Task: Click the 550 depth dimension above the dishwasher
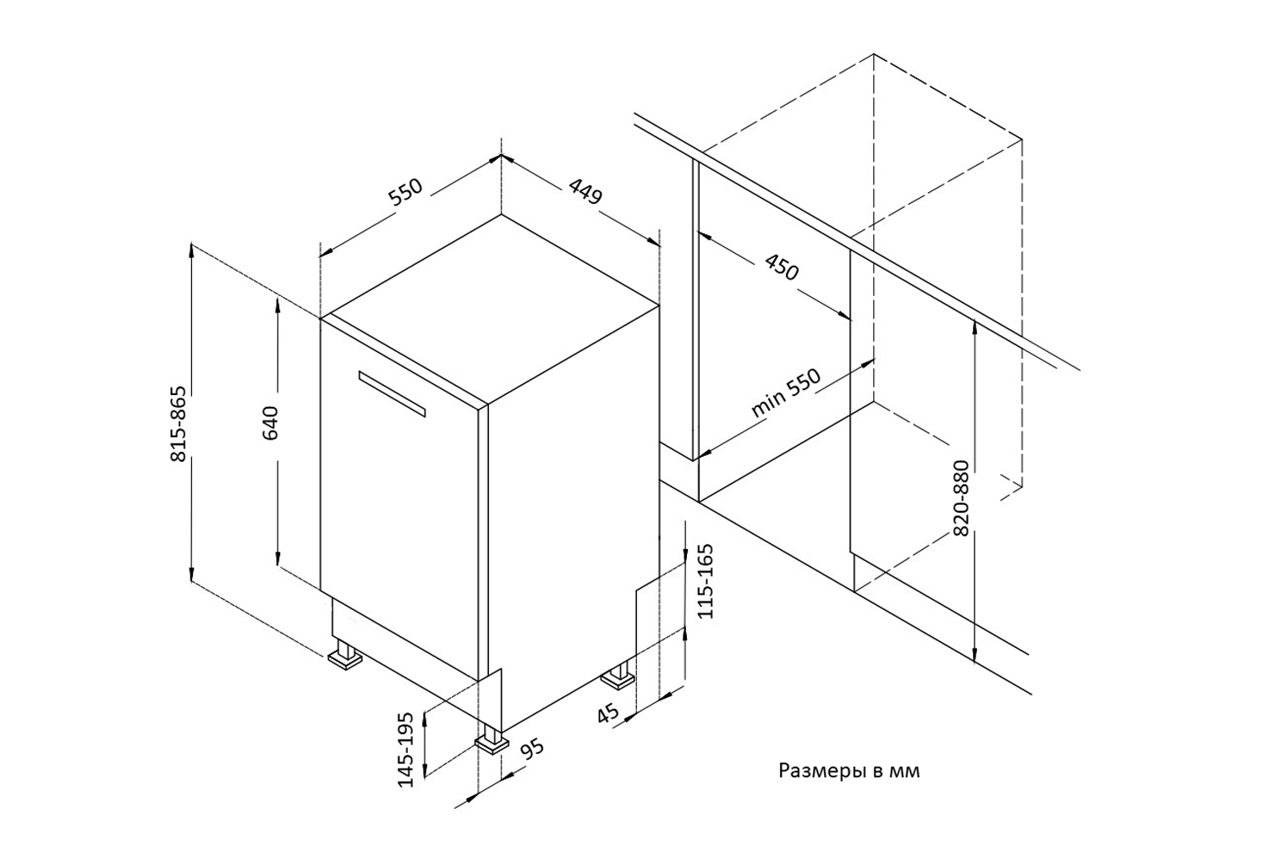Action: pyautogui.click(x=405, y=191)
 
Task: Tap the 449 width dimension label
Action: pyautogui.click(x=585, y=191)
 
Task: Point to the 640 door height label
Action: pyautogui.click(x=270, y=423)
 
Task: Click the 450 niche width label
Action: pyautogui.click(x=781, y=266)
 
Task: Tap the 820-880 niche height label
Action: pyautogui.click(x=961, y=497)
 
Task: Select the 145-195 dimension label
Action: pyautogui.click(x=405, y=749)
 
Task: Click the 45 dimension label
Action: pyautogui.click(x=608, y=713)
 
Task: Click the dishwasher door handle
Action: pyautogui.click(x=392, y=393)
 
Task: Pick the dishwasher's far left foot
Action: pyautogui.click(x=344, y=654)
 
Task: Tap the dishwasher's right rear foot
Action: pyautogui.click(x=618, y=674)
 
